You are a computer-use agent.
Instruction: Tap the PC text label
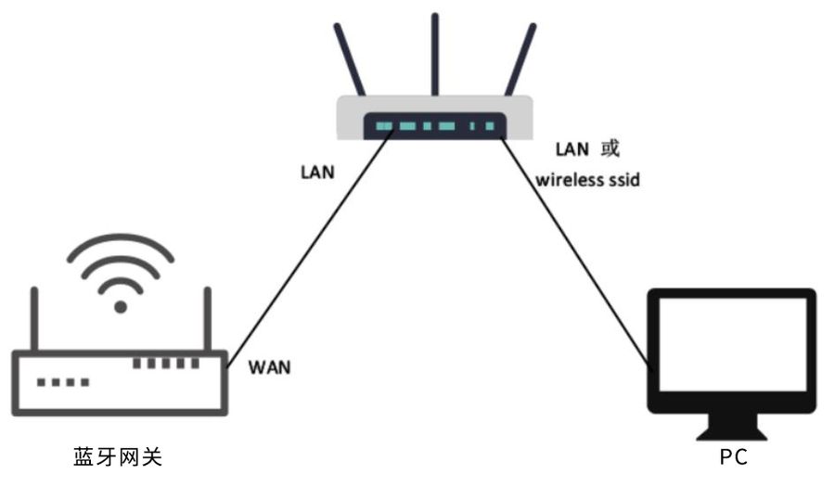point(733,456)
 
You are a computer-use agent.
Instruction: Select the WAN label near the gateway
point(270,366)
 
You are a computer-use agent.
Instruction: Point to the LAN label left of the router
point(317,172)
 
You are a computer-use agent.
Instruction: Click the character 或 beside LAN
point(610,147)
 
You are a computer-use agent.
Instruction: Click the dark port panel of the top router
point(434,126)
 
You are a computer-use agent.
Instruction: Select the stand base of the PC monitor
point(732,434)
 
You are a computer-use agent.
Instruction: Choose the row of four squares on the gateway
point(63,381)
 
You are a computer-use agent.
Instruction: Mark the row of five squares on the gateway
point(165,363)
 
